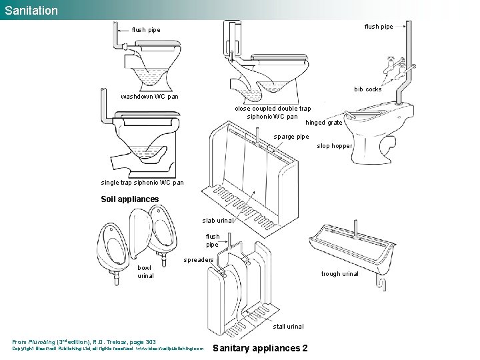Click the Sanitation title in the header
pos(31,11)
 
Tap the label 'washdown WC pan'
pos(149,97)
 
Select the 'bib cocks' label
pos(367,89)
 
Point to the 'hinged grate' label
pos(324,123)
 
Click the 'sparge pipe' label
pos(291,137)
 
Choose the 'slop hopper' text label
pos(335,146)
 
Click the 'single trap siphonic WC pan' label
pos(142,183)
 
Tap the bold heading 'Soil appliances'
pos(129,199)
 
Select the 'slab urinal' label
pos(218,221)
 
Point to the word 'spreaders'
pos(199,259)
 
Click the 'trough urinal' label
pos(339,273)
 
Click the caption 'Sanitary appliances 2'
pos(259,348)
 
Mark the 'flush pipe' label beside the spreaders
pos(212,241)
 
